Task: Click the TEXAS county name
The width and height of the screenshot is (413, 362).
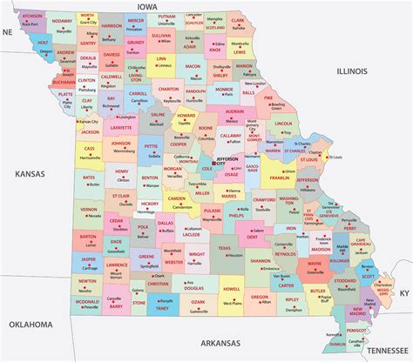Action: pyautogui.click(x=225, y=247)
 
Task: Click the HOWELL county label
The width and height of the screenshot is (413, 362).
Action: pyautogui.click(x=231, y=288)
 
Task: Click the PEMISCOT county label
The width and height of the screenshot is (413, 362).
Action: pyautogui.click(x=355, y=331)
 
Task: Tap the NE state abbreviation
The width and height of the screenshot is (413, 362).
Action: pyautogui.click(x=7, y=31)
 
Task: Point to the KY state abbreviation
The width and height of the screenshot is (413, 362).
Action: pyautogui.click(x=403, y=295)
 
